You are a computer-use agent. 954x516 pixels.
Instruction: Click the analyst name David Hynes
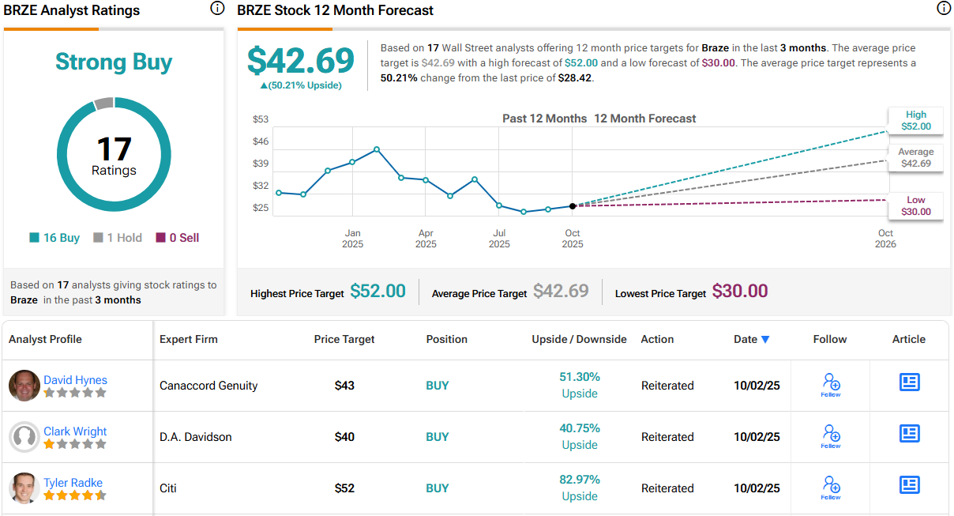[x=75, y=380]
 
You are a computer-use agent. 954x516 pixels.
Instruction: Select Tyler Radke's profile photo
[x=24, y=488]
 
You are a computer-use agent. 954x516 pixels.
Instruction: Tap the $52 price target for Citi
[x=344, y=488]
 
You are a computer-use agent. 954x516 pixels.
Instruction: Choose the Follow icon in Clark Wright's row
[x=830, y=435]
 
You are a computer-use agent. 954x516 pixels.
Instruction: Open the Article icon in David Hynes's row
[x=909, y=382]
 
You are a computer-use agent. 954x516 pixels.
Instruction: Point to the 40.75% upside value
[x=580, y=428]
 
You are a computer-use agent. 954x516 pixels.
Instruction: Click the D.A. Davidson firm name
[x=196, y=437]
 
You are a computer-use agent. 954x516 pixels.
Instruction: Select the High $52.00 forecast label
[x=915, y=120]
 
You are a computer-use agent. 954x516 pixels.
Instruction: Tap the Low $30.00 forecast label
[x=915, y=205]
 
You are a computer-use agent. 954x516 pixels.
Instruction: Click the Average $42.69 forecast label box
[x=915, y=157]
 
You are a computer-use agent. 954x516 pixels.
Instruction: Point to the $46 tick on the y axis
[x=261, y=141]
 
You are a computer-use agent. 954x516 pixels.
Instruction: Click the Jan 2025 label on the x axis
[x=352, y=239]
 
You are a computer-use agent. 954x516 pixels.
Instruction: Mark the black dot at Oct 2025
[x=573, y=205]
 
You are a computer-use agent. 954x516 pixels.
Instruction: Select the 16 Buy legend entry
[x=54, y=238]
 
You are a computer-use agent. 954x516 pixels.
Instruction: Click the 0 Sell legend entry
[x=178, y=238]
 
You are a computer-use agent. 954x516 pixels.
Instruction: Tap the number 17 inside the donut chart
[x=114, y=149]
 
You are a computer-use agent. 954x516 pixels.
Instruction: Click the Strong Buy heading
[x=114, y=62]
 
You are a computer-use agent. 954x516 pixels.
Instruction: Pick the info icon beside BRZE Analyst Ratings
[x=217, y=9]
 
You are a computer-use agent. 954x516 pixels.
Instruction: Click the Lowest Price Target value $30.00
[x=739, y=291]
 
